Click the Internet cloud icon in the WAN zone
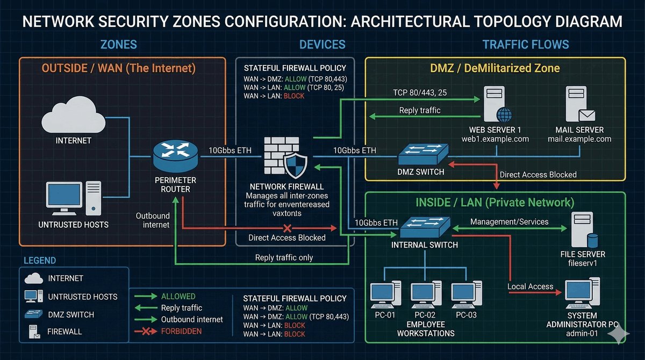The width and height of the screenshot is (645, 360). (74, 115)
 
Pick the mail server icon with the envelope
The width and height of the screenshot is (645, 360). (580, 104)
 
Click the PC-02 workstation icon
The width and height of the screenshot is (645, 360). (426, 294)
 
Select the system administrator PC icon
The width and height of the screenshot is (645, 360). (582, 293)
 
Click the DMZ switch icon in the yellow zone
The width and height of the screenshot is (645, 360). (423, 154)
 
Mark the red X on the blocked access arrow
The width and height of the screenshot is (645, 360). (287, 228)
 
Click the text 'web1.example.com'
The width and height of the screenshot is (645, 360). (495, 139)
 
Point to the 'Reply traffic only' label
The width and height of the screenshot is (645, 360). (284, 257)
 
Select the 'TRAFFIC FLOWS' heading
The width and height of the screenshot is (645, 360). (526, 45)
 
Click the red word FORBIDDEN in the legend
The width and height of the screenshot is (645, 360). (182, 331)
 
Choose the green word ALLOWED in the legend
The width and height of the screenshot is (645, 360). (178, 297)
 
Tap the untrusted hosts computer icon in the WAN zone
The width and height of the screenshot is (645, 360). (74, 198)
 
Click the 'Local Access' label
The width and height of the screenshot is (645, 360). (530, 286)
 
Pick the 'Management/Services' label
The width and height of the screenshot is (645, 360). (509, 221)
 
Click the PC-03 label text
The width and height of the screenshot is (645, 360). (466, 315)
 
